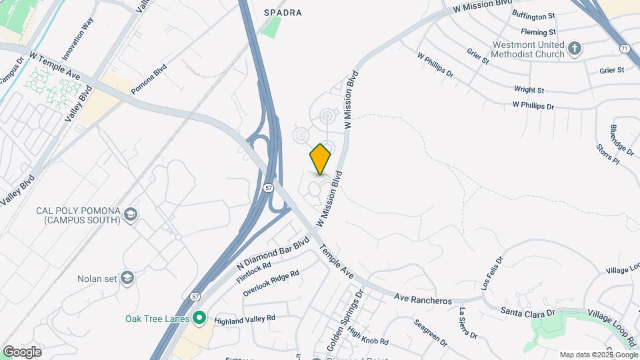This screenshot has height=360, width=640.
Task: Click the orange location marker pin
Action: (x=320, y=159)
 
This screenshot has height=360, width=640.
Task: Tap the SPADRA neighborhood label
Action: (x=283, y=13)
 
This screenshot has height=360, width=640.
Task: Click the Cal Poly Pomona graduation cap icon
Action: (x=131, y=215)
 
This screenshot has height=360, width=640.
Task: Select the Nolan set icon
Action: (x=127, y=278)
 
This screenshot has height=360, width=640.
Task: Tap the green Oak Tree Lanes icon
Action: (x=198, y=318)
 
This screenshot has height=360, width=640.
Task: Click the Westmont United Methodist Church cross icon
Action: (x=575, y=48)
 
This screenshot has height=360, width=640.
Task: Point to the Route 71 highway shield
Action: (x=623, y=49)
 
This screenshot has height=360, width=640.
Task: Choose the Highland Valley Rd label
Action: (x=245, y=319)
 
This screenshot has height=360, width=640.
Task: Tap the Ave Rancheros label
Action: (x=423, y=299)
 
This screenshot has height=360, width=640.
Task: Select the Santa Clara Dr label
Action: (x=527, y=311)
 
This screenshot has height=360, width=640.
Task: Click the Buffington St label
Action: (x=533, y=15)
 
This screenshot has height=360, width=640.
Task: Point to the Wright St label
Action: (x=529, y=89)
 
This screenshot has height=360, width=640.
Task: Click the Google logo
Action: (x=22, y=351)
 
